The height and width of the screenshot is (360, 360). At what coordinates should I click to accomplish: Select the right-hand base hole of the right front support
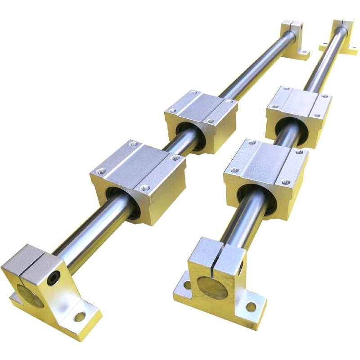251,307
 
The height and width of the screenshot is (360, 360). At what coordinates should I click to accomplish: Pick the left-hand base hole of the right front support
185,285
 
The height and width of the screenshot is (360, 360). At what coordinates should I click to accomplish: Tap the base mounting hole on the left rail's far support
304,56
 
